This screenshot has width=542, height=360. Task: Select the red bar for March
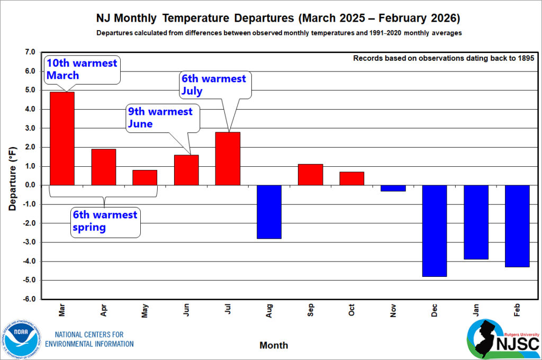tap(62, 139)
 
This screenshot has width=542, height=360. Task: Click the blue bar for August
tap(269, 212)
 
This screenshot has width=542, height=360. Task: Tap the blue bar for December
tap(435, 231)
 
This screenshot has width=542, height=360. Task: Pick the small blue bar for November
tap(393, 188)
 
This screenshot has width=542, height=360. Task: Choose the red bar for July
tap(228, 158)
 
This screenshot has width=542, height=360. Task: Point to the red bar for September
tap(310, 175)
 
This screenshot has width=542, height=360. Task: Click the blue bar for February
tap(517, 226)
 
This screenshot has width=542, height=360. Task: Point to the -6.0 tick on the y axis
tap(29, 299)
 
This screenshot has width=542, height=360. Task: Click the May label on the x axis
tap(144, 313)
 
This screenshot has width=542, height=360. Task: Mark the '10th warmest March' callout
tap(82, 69)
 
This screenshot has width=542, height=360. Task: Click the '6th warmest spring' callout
tap(105, 221)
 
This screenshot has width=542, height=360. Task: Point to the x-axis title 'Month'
tap(274, 345)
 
